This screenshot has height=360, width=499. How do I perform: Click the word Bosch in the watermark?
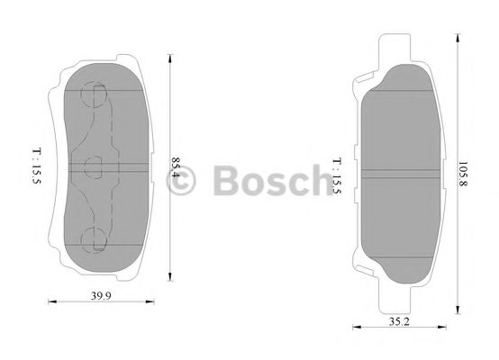[x=269, y=179]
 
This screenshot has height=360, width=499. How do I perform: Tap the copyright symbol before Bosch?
[x=184, y=181]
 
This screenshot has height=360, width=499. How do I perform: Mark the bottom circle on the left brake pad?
[x=94, y=238]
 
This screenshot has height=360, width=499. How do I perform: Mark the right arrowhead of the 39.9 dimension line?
[x=149, y=302]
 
